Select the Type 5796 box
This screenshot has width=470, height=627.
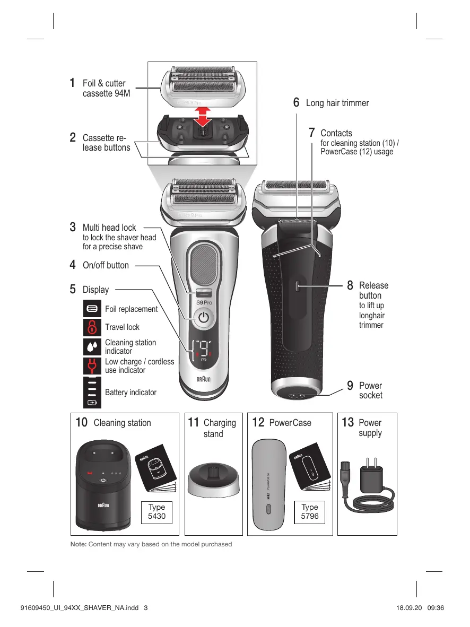[x=309, y=511]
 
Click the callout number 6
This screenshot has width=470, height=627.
[x=297, y=102]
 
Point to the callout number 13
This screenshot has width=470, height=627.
[x=348, y=423]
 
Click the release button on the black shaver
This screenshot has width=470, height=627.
[x=297, y=286]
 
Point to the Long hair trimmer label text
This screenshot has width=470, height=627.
[x=337, y=103]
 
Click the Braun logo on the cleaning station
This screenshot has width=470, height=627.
[x=103, y=504]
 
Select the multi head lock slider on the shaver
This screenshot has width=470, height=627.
[x=203, y=292]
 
